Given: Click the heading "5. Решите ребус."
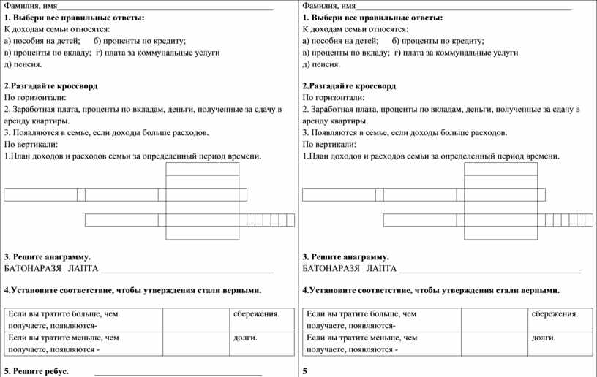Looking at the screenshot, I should click(x=37, y=371).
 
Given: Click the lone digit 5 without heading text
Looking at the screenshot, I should click(x=304, y=371).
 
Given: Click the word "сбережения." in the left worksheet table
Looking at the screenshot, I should click(x=257, y=314).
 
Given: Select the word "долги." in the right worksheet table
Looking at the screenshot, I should click(x=543, y=338).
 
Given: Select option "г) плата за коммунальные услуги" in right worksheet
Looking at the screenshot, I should click(x=456, y=53).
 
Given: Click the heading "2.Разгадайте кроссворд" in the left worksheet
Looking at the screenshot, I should click(x=50, y=85).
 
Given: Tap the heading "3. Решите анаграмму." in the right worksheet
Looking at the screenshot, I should click(x=345, y=257).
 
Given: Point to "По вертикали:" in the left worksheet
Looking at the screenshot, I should click(x=30, y=145).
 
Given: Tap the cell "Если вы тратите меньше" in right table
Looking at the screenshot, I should click(x=362, y=343).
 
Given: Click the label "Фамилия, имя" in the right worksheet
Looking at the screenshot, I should click(x=328, y=6).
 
